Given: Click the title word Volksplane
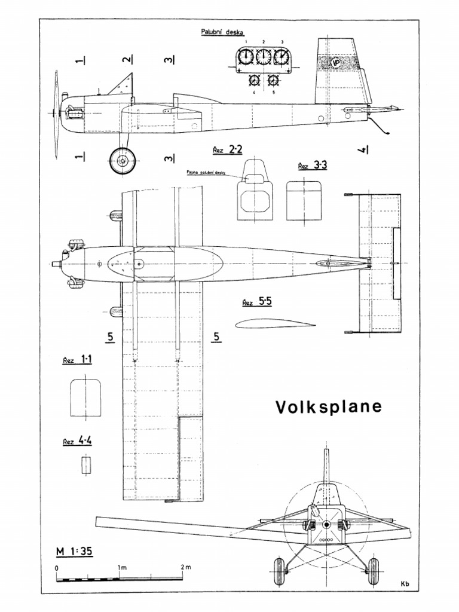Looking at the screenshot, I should pos(328,407).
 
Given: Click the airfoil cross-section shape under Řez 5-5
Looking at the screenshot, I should pos(274,324).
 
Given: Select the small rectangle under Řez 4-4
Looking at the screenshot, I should pos(87,464).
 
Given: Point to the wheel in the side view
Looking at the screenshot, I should pos(123,161).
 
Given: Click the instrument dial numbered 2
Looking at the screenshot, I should pos(263,57).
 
